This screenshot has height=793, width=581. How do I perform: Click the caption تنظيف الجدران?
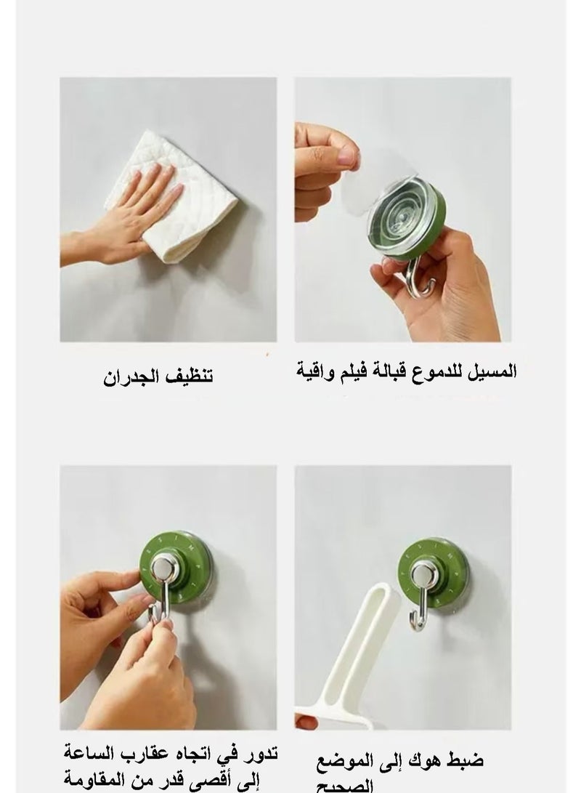[x=156, y=377]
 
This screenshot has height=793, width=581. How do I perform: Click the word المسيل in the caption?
[x=495, y=371]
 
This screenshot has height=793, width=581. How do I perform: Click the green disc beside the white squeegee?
[x=434, y=570]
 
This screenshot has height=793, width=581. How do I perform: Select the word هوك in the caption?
[x=437, y=760]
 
